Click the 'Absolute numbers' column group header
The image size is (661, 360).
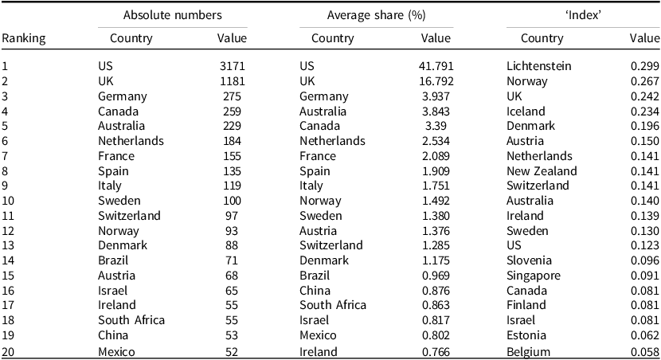pyautogui.click(x=172, y=15)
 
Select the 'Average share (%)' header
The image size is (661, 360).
pyautogui.click(x=377, y=16)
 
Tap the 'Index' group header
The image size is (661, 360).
pyautogui.click(x=583, y=15)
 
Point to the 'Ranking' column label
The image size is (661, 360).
pyautogui.click(x=24, y=39)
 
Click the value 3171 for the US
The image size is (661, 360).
pyautogui.click(x=233, y=66)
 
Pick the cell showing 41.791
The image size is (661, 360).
pyautogui.click(x=436, y=66)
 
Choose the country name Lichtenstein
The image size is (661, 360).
pyautogui.click(x=538, y=66)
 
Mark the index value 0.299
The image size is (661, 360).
pyautogui.click(x=644, y=66)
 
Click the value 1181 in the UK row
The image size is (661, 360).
pyautogui.click(x=233, y=81)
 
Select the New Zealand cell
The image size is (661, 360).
pyautogui.click(x=542, y=171)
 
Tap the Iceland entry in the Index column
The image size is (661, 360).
pyautogui.click(x=526, y=112)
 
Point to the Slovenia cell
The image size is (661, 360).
pyautogui.click(x=529, y=260)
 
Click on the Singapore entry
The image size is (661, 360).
pyautogui.click(x=534, y=276)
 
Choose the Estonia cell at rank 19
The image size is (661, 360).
pyautogui.click(x=526, y=335)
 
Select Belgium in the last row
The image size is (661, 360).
pyautogui.click(x=528, y=352)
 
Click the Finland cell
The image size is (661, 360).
pyautogui.click(x=526, y=305)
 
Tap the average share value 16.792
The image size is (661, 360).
pyautogui.click(x=436, y=81)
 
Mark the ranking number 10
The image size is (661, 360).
pyautogui.click(x=8, y=201)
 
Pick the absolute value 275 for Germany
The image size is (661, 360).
pyautogui.click(x=233, y=96)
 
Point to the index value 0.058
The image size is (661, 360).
pyautogui.click(x=644, y=352)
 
